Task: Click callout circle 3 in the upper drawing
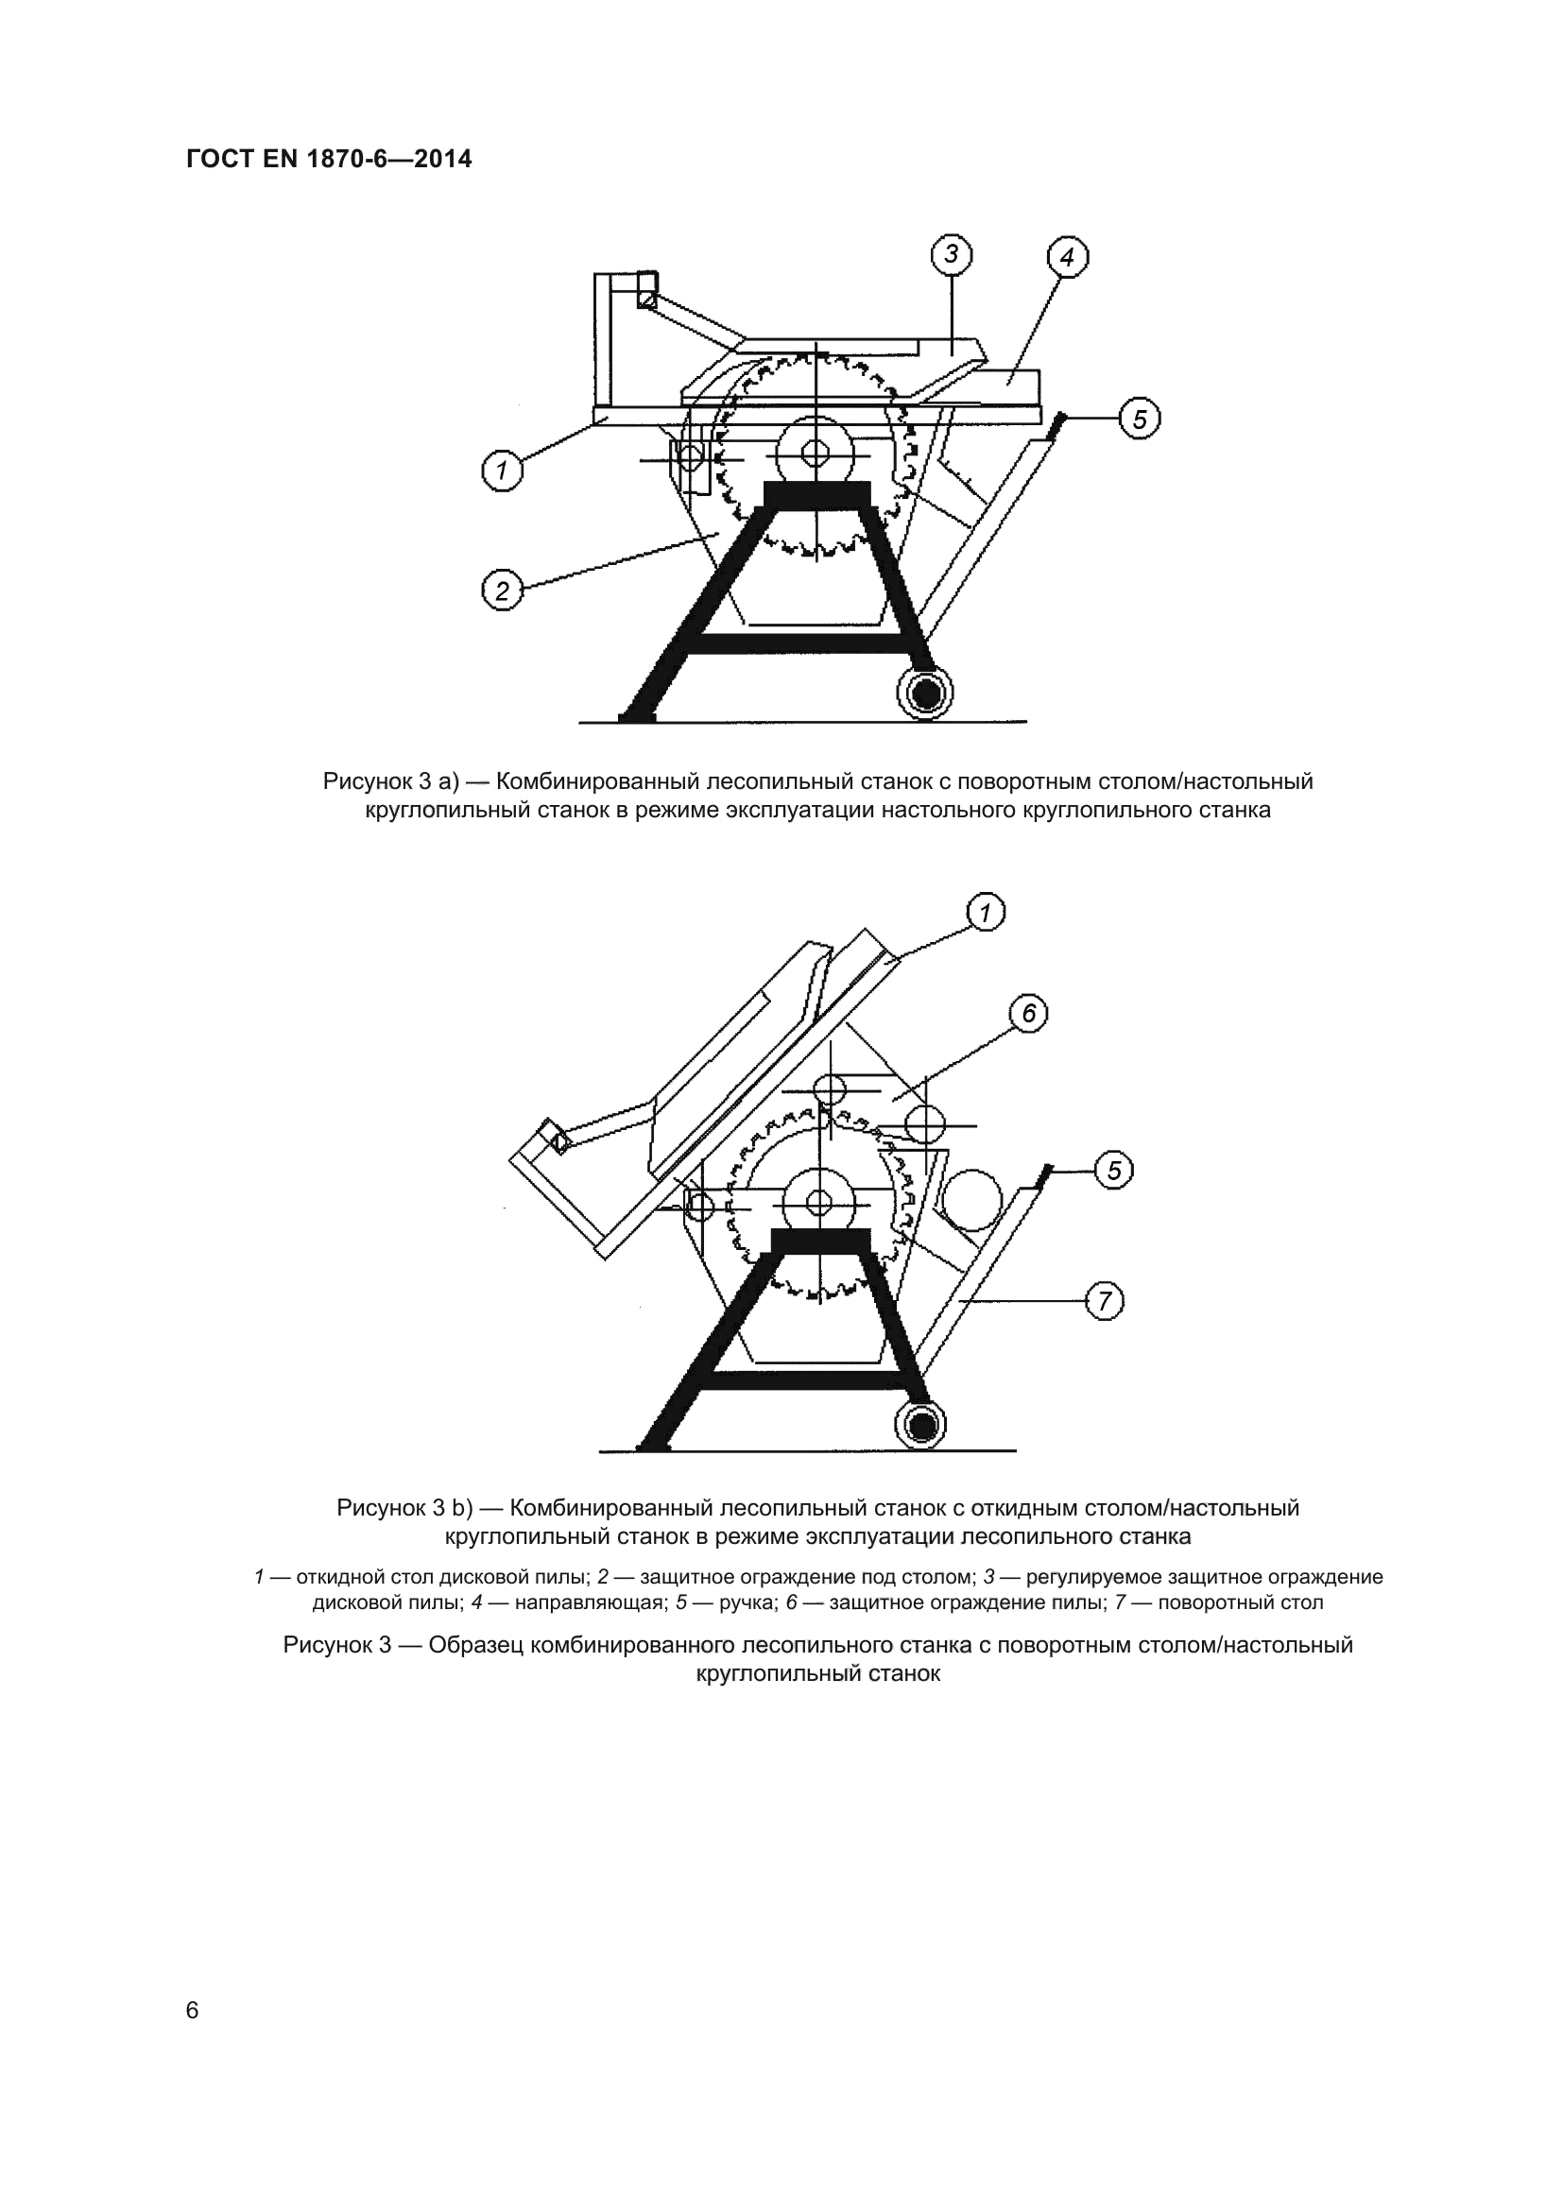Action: (x=951, y=254)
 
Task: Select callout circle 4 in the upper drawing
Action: (x=1067, y=257)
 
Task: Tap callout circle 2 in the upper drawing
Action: (x=502, y=589)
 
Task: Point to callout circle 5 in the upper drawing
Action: (x=1140, y=419)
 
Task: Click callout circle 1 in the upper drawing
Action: (x=502, y=471)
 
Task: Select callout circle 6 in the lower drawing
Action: (x=1028, y=1014)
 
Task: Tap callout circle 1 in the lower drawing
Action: (x=985, y=913)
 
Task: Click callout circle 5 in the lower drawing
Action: (x=1113, y=1171)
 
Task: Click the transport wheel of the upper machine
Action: (x=925, y=692)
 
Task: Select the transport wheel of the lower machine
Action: (x=921, y=1425)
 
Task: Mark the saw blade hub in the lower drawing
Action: (x=820, y=1202)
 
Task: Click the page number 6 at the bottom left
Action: (x=193, y=2010)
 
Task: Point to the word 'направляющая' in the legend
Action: (x=590, y=1602)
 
